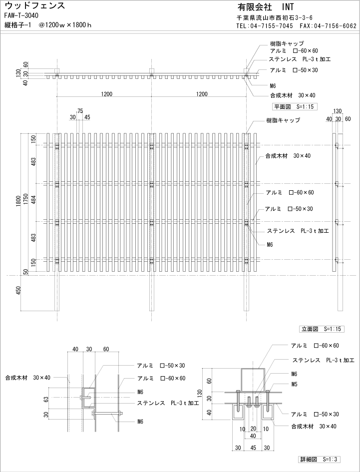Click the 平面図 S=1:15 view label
[x=295, y=106]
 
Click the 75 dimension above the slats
[x=79, y=111]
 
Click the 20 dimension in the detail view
[x=253, y=429]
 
